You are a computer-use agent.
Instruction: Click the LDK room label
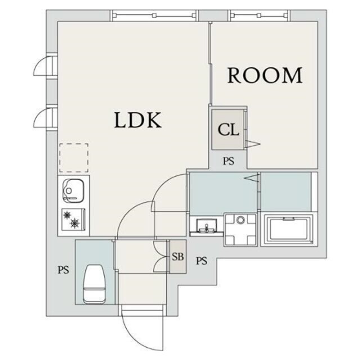(x=138, y=120)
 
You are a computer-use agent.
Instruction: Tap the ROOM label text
(x=265, y=75)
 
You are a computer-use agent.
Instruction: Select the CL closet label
(x=228, y=130)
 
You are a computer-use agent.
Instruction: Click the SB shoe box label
(x=178, y=256)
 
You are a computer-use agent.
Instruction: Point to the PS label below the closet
(x=229, y=161)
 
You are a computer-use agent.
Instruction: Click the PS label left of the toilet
(x=63, y=270)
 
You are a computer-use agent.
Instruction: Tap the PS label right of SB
(x=201, y=261)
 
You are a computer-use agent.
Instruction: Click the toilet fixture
(x=93, y=284)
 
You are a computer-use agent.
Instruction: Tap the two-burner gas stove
(x=74, y=219)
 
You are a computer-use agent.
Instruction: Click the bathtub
(x=289, y=229)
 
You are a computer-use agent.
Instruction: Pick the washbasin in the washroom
(x=206, y=226)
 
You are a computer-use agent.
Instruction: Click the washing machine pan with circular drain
(x=240, y=229)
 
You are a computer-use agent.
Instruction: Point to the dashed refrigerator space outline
(x=74, y=157)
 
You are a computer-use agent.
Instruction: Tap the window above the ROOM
(x=259, y=15)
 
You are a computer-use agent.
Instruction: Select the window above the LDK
(x=154, y=15)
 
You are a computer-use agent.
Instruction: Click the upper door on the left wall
(x=45, y=66)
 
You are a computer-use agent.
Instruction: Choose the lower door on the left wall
(x=45, y=118)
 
